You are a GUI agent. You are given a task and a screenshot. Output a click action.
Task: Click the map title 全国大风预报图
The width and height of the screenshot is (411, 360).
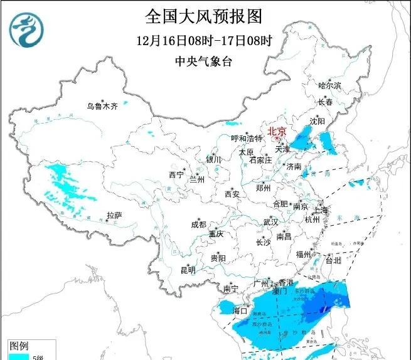pos(203,15)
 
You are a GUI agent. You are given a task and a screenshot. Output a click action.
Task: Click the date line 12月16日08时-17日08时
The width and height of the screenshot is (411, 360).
pos(204,41)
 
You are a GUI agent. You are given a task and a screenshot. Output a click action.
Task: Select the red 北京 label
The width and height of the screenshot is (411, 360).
pos(277,131)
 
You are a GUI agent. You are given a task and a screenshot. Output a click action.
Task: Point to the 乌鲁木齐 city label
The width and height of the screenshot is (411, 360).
pos(102,106)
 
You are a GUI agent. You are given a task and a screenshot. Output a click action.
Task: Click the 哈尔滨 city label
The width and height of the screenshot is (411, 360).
pos(329,85)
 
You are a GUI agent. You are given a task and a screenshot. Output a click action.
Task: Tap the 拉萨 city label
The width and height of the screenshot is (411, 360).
pos(114,215)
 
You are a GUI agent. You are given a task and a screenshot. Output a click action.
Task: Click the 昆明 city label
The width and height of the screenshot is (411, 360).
pos(188,270)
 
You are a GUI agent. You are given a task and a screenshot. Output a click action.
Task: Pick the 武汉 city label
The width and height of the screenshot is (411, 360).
pos(270,222)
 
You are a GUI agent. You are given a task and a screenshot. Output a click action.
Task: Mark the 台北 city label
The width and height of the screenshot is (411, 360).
pos(333,258)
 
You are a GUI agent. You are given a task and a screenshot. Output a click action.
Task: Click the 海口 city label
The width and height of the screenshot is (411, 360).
pos(240,310)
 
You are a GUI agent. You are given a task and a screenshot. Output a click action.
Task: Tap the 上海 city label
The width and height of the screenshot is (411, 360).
pos(323,209)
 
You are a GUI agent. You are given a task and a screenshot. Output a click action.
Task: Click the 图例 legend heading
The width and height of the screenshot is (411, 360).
pos(18,346)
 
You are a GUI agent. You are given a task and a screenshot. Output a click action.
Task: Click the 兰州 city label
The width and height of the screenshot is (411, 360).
pos(197,179)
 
